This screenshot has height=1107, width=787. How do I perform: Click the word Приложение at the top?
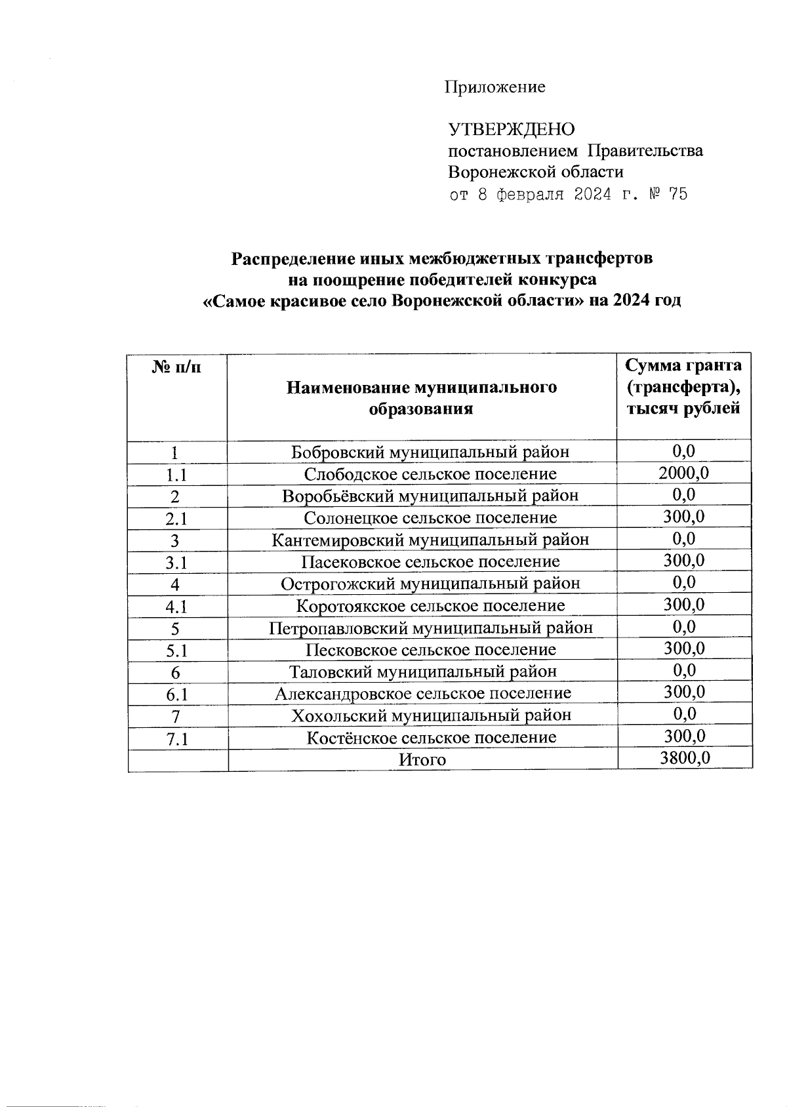[495, 87]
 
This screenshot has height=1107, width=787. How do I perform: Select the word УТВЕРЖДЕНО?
[511, 129]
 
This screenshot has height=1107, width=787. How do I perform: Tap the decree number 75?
[676, 194]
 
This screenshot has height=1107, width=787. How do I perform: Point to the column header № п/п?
[176, 367]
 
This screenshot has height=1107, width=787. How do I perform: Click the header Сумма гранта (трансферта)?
[683, 376]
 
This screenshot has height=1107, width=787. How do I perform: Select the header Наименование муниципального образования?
[421, 397]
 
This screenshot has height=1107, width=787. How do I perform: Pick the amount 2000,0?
[683, 472]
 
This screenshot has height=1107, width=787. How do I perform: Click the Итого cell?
[422, 759]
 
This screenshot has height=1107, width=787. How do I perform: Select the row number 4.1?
[176, 607]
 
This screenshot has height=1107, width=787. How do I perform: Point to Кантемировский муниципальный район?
[430, 540]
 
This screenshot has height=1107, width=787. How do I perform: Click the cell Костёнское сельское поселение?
[431, 737]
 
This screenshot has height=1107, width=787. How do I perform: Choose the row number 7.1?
[177, 739]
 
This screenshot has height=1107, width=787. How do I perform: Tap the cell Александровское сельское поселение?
[422, 693]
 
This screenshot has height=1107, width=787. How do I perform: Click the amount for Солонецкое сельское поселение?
[683, 516]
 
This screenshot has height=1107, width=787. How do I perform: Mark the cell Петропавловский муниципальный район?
[430, 628]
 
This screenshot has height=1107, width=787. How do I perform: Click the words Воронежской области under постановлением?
[535, 172]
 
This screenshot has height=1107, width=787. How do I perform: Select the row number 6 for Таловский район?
[175, 673]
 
